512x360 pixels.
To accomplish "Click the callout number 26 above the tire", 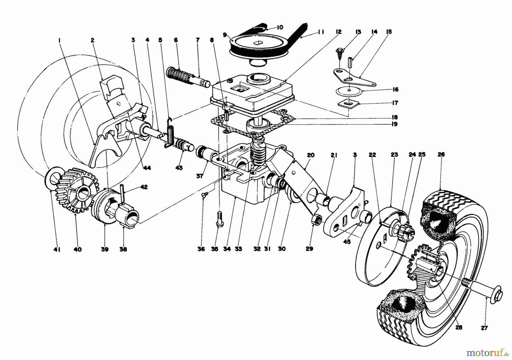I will pos(441,155).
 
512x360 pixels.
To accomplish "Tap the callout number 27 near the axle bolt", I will pos(484,328).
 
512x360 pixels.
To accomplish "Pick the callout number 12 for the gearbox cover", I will pos(338,32).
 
